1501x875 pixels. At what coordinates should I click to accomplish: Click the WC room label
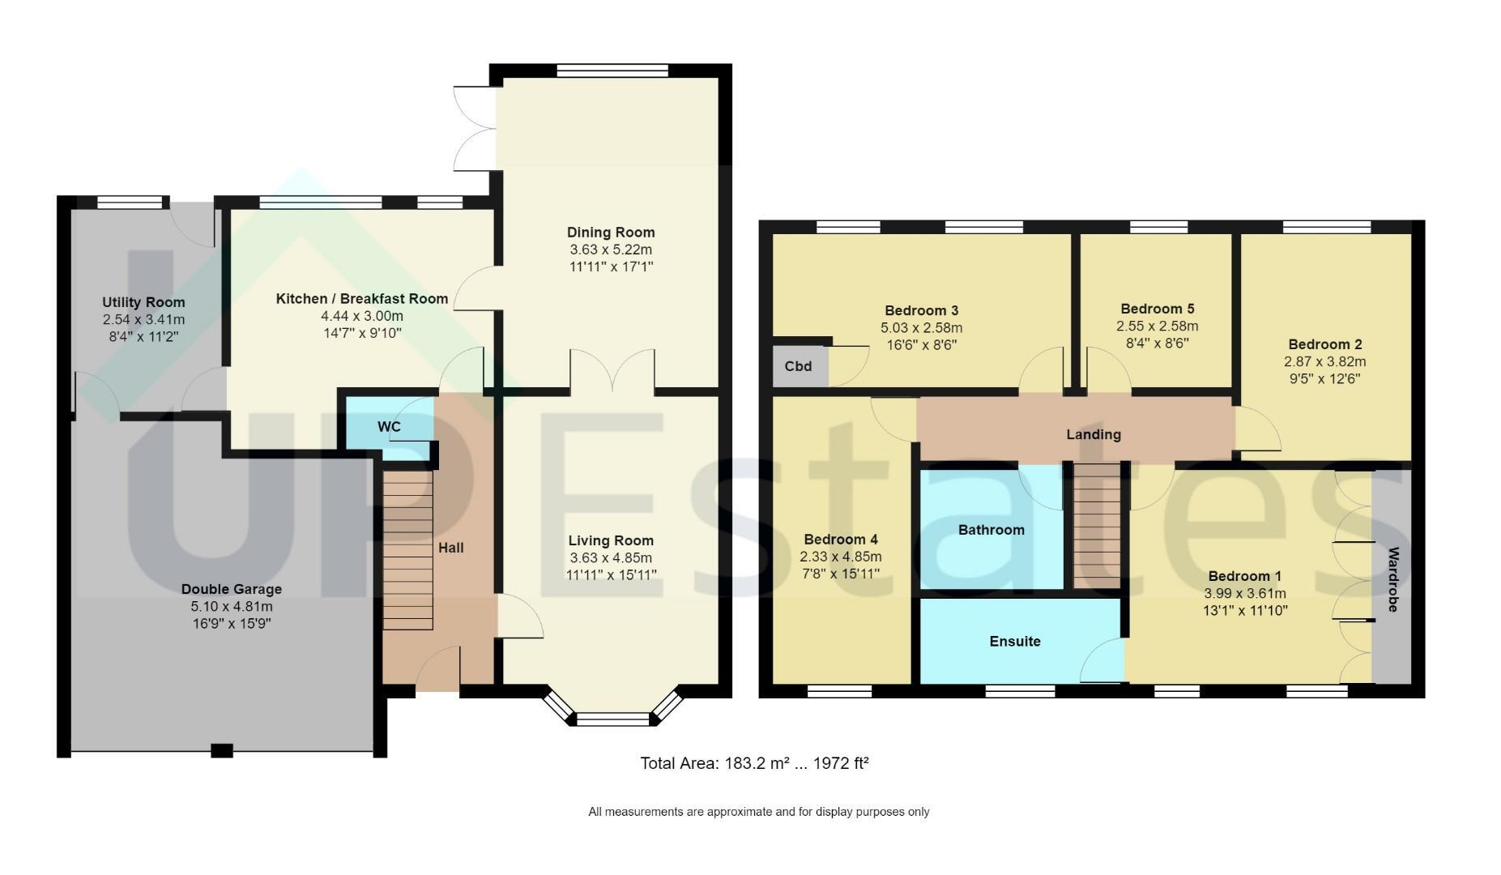click(x=389, y=427)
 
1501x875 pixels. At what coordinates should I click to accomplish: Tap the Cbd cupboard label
click(x=798, y=366)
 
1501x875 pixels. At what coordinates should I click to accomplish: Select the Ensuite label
click(x=1015, y=642)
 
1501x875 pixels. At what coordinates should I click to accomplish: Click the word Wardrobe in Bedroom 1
click(x=1393, y=579)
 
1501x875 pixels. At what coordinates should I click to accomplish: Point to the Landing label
click(x=1094, y=434)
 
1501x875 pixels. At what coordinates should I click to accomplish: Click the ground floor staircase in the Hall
click(x=407, y=550)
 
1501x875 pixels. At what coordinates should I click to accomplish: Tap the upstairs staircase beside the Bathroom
click(x=1098, y=524)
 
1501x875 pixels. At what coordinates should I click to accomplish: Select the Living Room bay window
click(x=612, y=708)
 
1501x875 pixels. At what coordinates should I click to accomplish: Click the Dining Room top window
click(x=612, y=70)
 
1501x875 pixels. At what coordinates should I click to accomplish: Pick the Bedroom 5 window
click(x=1157, y=227)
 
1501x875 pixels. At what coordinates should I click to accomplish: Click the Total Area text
click(x=754, y=763)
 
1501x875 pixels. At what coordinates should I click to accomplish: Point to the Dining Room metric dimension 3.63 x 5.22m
click(x=611, y=250)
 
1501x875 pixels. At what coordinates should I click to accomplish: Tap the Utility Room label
click(x=143, y=303)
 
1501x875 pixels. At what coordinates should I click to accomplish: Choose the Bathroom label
click(x=991, y=530)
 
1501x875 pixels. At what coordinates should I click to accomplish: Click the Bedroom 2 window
click(x=1327, y=227)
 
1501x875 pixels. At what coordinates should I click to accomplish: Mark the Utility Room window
click(x=130, y=203)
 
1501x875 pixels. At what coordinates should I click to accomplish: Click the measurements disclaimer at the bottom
click(x=759, y=812)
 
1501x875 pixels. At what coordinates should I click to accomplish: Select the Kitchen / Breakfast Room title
click(x=362, y=299)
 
